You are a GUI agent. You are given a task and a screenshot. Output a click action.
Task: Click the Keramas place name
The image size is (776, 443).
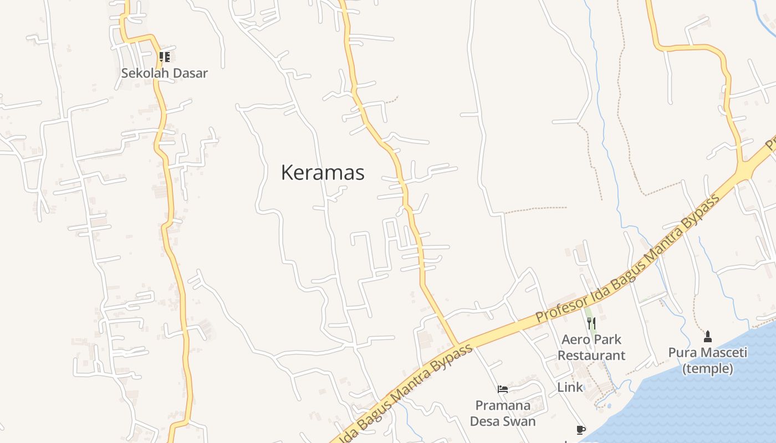[323, 173]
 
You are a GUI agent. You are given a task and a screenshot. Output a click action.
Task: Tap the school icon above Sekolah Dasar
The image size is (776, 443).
[164, 56]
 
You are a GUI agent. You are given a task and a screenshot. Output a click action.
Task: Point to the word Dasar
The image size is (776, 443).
[190, 73]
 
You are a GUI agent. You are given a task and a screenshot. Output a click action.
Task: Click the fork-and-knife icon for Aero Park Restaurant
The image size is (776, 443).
[591, 323]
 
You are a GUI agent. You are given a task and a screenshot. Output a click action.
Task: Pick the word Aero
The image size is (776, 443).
[574, 339]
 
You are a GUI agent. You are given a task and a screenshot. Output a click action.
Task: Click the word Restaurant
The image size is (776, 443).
[591, 356]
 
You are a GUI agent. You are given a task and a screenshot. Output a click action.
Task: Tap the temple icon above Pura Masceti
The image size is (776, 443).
[707, 336]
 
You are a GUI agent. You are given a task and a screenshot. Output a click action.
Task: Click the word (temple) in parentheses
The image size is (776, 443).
[707, 369]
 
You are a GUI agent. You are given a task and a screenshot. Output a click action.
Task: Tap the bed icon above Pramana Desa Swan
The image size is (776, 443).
[503, 389]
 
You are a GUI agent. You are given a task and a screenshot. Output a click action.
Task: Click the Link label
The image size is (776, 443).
[570, 388]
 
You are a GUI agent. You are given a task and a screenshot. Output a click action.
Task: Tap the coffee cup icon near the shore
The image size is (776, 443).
[580, 430]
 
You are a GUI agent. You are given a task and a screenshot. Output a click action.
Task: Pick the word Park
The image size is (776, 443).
[607, 339]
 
